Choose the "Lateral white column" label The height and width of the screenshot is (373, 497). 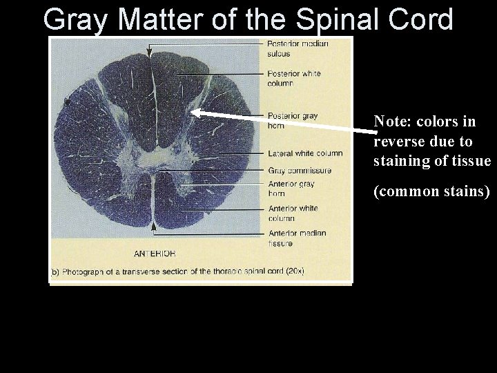(x=304, y=153)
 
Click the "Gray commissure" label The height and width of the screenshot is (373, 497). (x=299, y=171)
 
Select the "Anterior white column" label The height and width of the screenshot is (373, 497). (x=292, y=213)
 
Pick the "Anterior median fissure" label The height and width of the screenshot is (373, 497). (x=296, y=238)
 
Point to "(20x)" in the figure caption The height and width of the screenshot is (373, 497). (x=293, y=271)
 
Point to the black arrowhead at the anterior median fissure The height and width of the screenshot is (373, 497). (x=153, y=224)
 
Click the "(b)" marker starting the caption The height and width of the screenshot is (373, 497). (x=55, y=271)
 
